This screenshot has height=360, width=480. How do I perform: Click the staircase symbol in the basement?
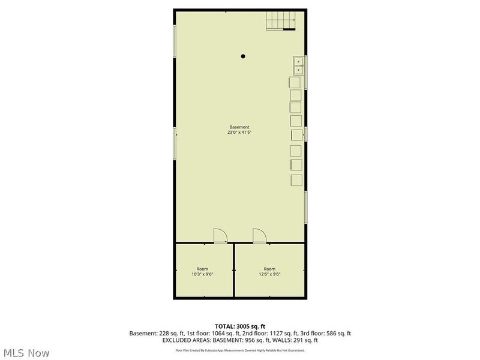point(281,22)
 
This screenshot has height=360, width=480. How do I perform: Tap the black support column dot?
point(243,56)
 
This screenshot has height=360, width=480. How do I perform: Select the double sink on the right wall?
point(298,65)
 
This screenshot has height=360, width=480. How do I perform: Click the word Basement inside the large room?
point(239,127)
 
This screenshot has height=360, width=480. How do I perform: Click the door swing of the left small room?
point(220,235)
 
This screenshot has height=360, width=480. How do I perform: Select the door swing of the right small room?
point(259,235)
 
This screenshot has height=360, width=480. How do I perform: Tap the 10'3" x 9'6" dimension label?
point(202,274)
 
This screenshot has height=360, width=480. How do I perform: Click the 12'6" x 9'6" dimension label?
point(269,274)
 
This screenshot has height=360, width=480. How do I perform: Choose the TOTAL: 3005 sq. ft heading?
point(239,326)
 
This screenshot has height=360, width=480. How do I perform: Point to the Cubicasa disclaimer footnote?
point(239,350)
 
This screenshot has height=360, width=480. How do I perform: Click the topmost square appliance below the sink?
point(295,82)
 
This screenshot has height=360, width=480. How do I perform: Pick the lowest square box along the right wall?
point(295,179)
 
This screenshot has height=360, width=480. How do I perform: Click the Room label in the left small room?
point(202,268)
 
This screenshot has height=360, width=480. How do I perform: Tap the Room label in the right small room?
point(269,268)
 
